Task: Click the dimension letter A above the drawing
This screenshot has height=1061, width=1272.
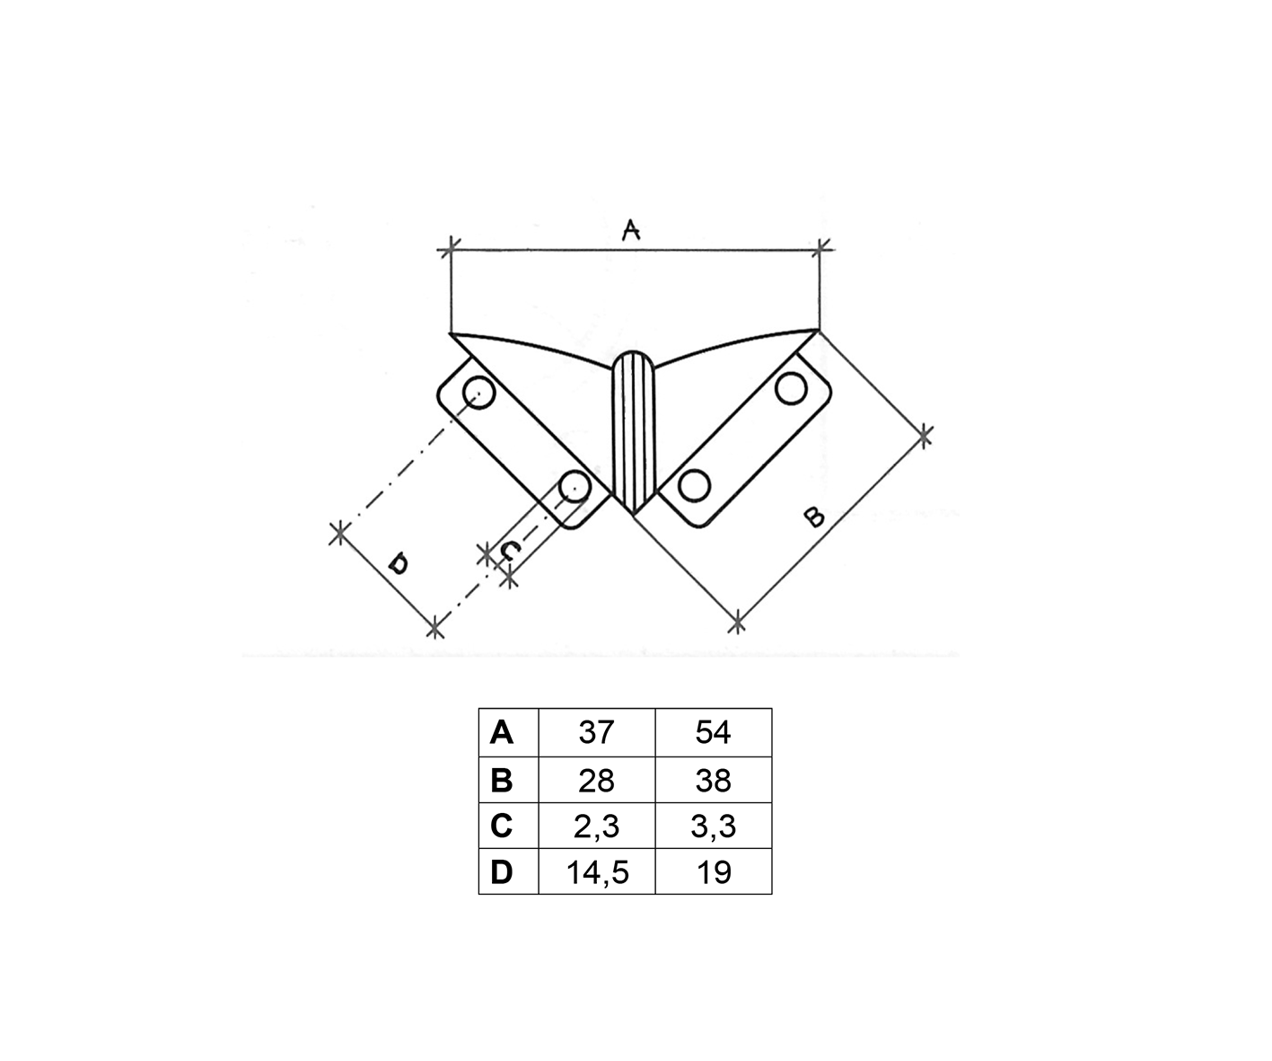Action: pyautogui.click(x=630, y=230)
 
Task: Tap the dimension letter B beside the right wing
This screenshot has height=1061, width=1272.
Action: pyautogui.click(x=814, y=517)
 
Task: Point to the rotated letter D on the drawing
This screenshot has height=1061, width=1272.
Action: pyautogui.click(x=399, y=563)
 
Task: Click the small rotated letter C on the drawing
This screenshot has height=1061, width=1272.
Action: pyautogui.click(x=509, y=551)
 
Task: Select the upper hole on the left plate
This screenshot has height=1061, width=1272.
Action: pyautogui.click(x=478, y=393)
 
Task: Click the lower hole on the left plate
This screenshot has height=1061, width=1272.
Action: pyautogui.click(x=575, y=486)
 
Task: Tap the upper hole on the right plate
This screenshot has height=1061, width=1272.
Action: pyautogui.click(x=792, y=388)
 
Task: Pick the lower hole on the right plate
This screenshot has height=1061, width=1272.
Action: pyautogui.click(x=695, y=486)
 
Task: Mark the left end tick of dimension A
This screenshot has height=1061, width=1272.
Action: pyautogui.click(x=450, y=250)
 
